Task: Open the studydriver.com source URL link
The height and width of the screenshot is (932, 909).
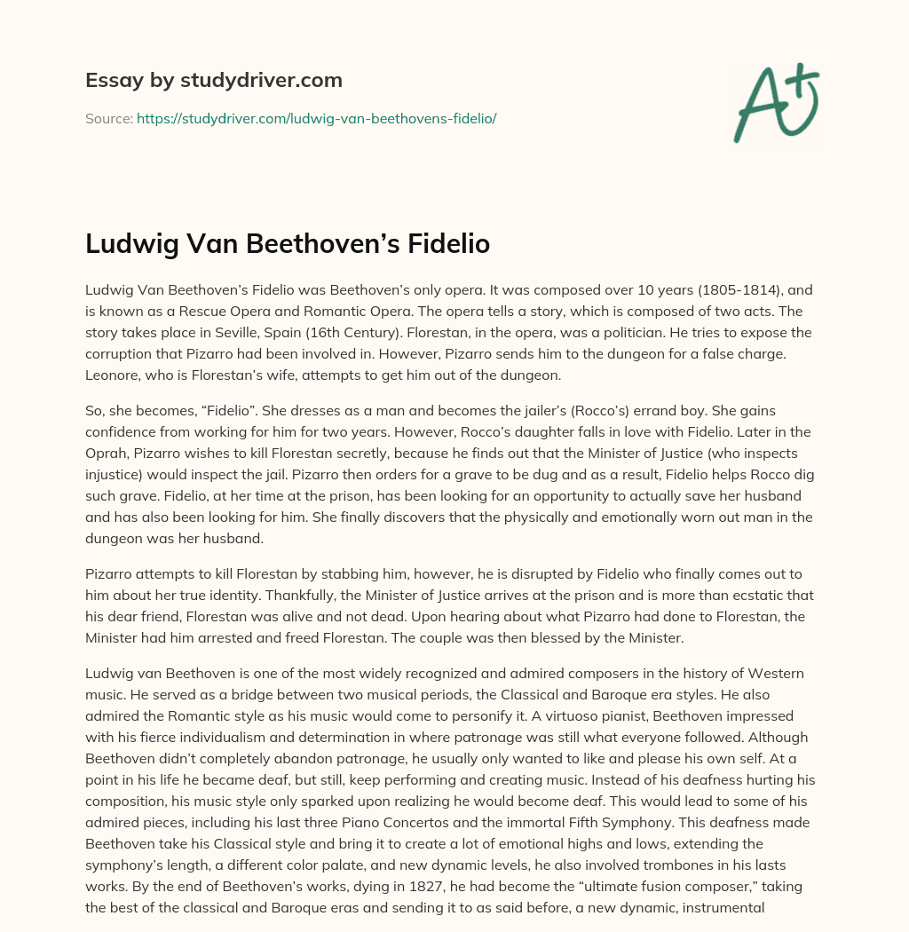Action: click(x=316, y=118)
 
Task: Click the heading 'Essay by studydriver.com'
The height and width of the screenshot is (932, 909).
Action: click(x=214, y=80)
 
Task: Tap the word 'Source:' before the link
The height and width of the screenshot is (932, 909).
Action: click(x=109, y=118)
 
